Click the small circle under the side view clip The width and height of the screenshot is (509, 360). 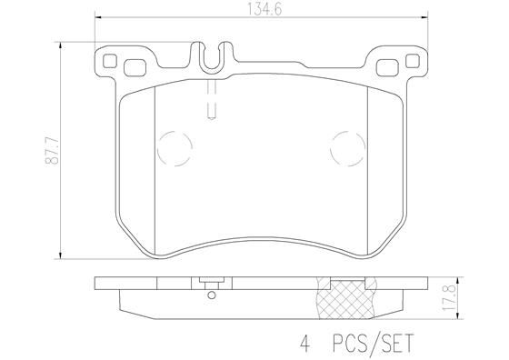pyautogui.click(x=211, y=293)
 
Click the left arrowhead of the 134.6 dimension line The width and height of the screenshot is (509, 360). pyautogui.click(x=97, y=20)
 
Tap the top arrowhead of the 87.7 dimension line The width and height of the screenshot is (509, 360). pyautogui.click(x=60, y=42)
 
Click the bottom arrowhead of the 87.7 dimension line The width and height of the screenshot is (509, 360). pyautogui.click(x=60, y=255)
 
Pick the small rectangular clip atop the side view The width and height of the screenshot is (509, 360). pyautogui.click(x=211, y=282)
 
